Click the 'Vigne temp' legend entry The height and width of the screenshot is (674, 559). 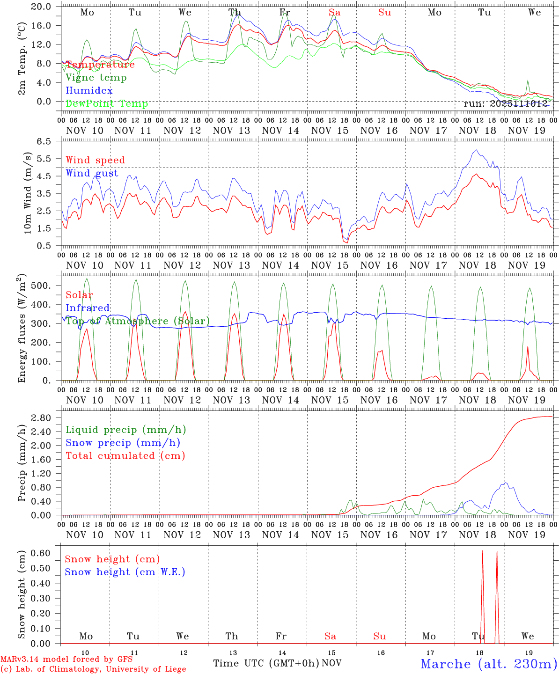click(x=96, y=78)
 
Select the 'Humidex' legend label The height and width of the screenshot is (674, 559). click(x=89, y=91)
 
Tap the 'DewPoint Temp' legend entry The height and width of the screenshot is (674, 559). click(x=107, y=104)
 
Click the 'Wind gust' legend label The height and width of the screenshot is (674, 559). click(x=92, y=173)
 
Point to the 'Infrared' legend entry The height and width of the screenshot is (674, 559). click(x=88, y=308)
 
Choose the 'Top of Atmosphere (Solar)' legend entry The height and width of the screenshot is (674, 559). click(x=137, y=321)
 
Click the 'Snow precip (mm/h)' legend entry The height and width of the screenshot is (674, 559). click(x=123, y=443)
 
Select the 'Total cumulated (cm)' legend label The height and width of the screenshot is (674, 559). click(x=125, y=456)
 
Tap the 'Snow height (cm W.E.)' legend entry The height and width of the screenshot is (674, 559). click(x=125, y=572)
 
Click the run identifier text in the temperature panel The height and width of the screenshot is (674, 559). click(x=505, y=104)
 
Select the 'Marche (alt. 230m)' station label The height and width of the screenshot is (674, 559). click(x=488, y=664)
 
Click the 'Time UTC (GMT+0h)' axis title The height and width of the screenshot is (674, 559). click(x=266, y=663)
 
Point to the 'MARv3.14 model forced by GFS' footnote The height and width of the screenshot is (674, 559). click(x=66, y=659)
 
